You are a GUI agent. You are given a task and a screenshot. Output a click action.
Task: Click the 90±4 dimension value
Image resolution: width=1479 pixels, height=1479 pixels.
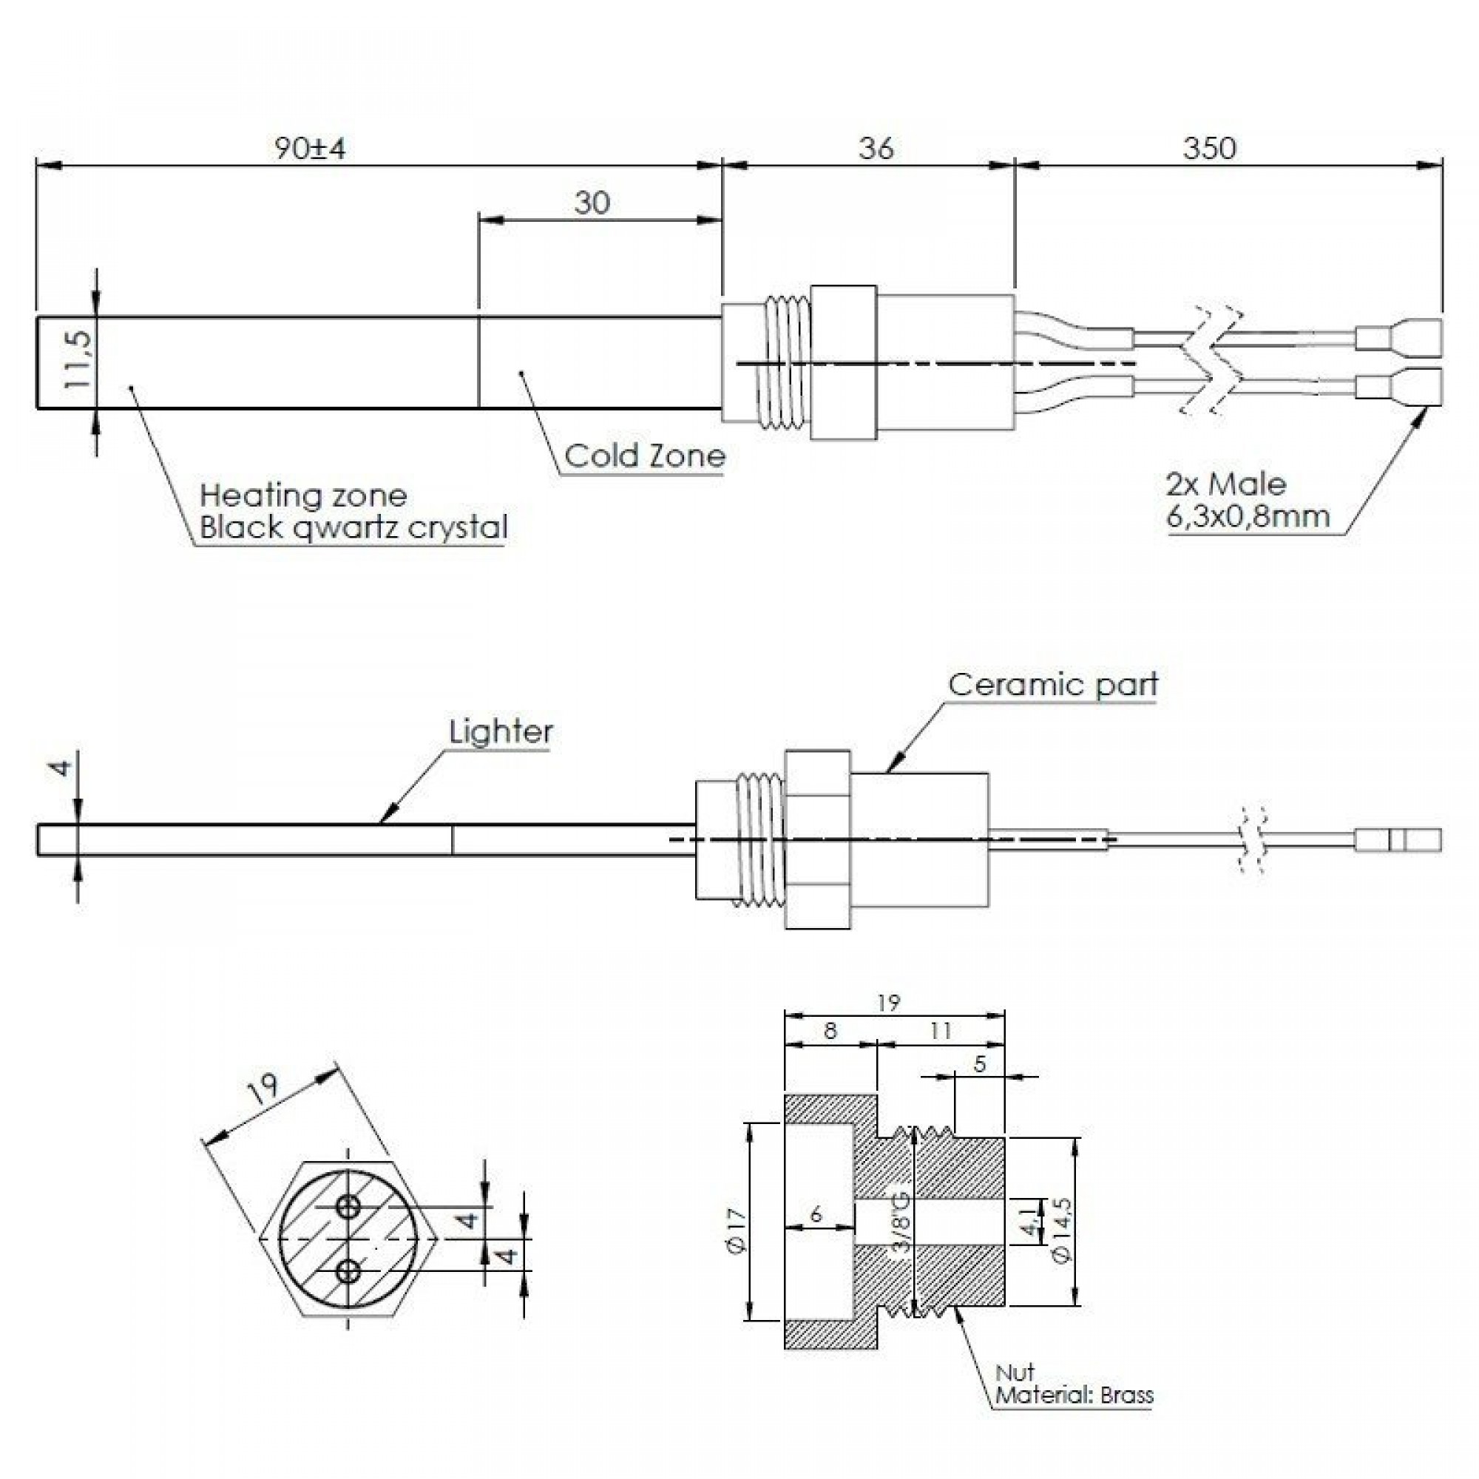point(310,148)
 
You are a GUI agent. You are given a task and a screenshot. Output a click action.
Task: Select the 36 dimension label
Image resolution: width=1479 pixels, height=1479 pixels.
point(875,148)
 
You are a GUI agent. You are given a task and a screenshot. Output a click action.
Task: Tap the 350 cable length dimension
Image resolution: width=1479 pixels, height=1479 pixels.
point(1209,148)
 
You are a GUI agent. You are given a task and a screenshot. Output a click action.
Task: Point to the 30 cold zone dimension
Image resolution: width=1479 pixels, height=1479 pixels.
point(592,203)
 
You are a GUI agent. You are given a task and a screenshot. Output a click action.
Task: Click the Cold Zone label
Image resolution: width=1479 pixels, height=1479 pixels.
point(645,456)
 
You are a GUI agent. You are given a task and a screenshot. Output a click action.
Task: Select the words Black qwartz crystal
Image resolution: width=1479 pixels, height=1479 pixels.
point(353,527)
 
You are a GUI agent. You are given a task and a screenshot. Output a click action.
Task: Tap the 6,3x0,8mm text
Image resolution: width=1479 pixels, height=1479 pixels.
point(1248,516)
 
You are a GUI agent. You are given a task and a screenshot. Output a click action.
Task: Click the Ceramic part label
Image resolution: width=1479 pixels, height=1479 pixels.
point(1052,684)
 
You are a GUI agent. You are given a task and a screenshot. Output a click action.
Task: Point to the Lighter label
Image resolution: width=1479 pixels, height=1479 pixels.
point(501,732)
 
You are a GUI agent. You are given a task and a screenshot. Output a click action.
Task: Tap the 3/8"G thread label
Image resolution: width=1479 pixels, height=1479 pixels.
point(902,1232)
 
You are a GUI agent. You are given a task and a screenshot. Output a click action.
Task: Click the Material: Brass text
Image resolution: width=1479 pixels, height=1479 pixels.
point(1074,1395)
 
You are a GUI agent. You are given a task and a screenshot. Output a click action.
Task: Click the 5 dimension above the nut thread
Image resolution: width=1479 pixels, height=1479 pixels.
point(980,1064)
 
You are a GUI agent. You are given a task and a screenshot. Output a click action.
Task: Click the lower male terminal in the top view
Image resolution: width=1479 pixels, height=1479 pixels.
point(1398,387)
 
